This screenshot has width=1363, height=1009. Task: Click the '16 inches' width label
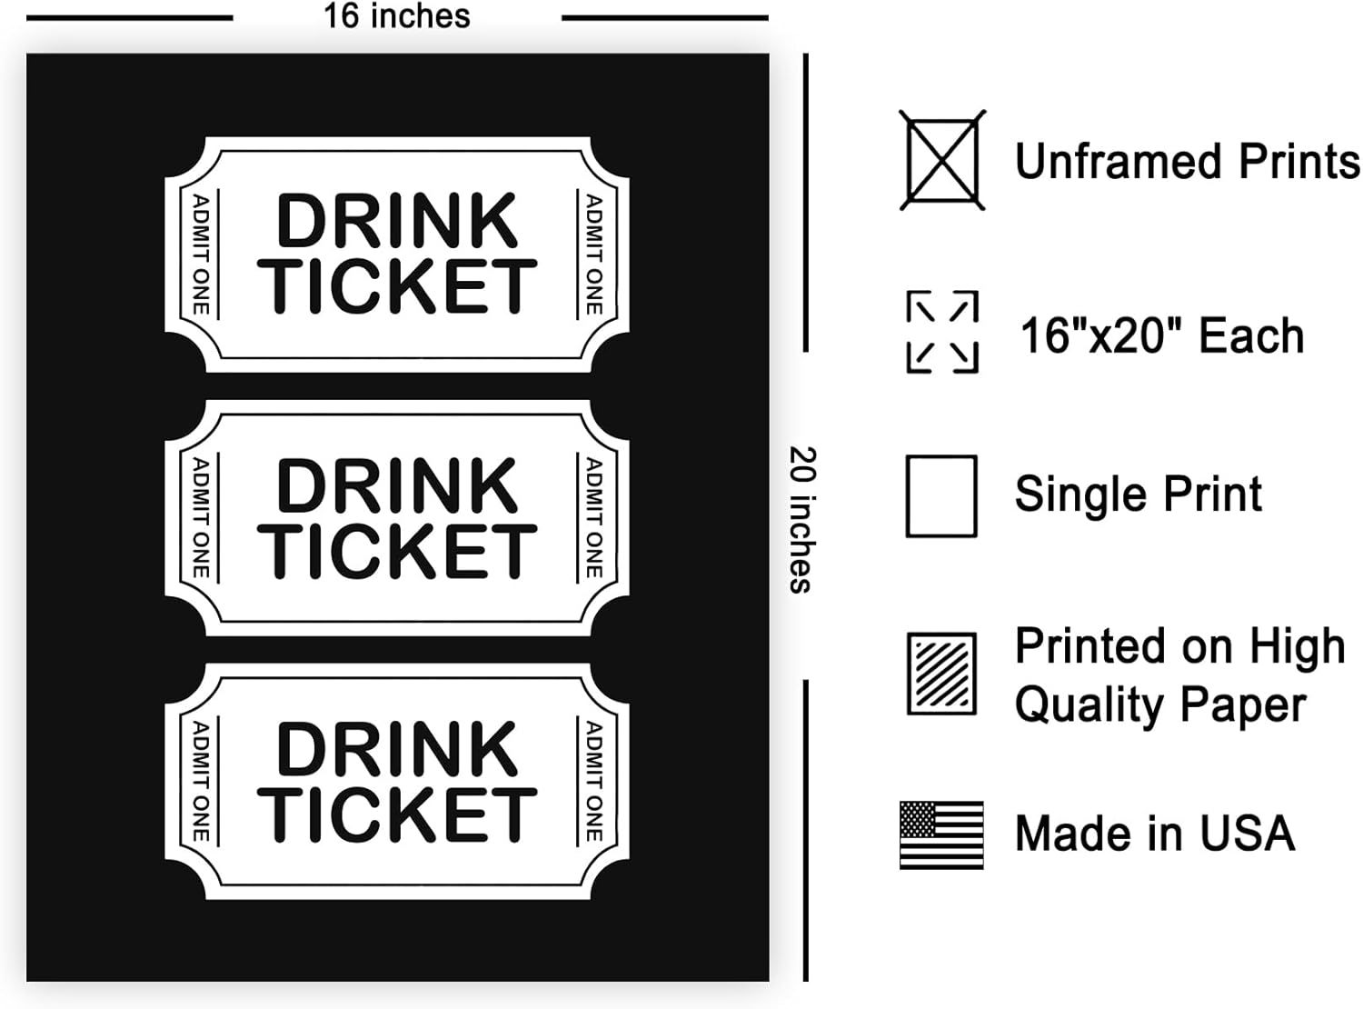click(x=397, y=16)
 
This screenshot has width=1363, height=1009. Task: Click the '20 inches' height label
click(x=802, y=519)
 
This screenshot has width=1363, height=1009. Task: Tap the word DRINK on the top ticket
click(x=397, y=221)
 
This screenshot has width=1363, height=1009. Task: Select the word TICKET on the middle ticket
click(x=397, y=551)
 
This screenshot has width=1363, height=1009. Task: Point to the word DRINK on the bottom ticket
click(x=397, y=750)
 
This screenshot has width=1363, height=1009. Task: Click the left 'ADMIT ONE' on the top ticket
click(x=201, y=255)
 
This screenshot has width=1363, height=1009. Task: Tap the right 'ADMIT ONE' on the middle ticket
click(x=593, y=518)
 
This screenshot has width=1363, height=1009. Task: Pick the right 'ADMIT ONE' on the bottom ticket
click(x=593, y=781)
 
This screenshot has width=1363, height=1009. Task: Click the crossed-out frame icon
click(x=942, y=161)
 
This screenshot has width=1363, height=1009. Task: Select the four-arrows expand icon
click(x=942, y=332)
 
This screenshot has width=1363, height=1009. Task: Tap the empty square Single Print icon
click(x=941, y=496)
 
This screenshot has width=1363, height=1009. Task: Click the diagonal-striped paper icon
click(x=942, y=674)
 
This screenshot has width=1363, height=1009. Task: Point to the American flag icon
click(x=941, y=834)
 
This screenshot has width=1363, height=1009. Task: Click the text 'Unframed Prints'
click(x=1187, y=162)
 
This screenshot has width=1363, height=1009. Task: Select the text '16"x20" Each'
click(x=1161, y=335)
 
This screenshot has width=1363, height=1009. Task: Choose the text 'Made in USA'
click(x=1154, y=834)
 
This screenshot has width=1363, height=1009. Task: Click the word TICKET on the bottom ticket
click(x=397, y=814)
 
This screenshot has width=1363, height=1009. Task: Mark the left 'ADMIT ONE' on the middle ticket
click(x=201, y=518)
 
